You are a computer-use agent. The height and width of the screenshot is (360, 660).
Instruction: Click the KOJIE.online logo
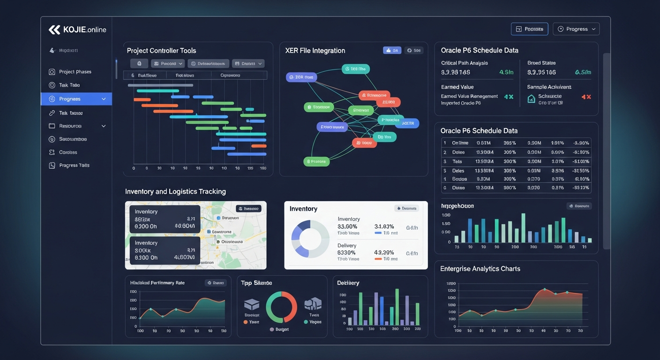pos(77,30)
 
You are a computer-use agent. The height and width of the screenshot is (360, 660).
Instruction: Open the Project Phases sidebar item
pos(75,72)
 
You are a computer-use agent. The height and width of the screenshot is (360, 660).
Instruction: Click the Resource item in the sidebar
pos(70,126)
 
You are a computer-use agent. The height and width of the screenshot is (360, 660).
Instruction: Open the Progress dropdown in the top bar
pos(576,29)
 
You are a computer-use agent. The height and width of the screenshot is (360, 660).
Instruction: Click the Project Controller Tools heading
pos(161,51)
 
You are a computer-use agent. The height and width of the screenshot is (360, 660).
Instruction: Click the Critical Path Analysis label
pos(465,63)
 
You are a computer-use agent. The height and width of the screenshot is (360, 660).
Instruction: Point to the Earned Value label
pos(457,87)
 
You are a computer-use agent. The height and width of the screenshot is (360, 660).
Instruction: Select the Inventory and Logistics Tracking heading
pos(175,191)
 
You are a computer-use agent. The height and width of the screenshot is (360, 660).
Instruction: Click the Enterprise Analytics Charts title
pos(480,269)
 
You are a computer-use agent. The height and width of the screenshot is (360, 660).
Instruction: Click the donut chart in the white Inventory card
pos(310,239)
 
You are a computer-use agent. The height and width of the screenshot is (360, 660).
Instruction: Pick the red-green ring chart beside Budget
pos(281,307)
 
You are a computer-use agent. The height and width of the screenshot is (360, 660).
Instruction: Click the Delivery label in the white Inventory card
pos(347,246)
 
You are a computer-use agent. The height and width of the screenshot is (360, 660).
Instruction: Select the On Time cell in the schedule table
pos(460,143)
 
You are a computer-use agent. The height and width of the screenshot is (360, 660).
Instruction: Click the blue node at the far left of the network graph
pos(301,77)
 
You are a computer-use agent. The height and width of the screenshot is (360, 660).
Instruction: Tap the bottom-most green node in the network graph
pos(316,162)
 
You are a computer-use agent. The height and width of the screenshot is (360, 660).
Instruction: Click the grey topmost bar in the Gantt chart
pos(158,85)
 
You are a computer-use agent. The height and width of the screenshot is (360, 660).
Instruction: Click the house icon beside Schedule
pos(531,98)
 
